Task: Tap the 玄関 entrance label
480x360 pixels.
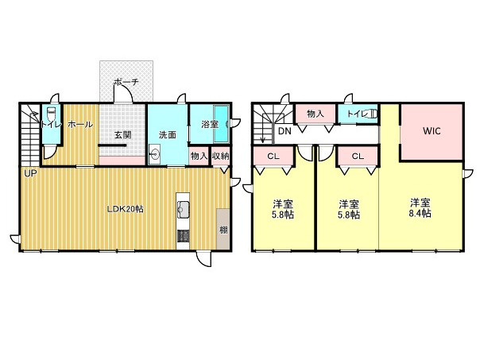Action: click(122, 135)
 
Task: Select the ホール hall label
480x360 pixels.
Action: click(79, 124)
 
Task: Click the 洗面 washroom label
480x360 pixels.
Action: click(167, 134)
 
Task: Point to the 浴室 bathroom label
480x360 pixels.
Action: click(209, 124)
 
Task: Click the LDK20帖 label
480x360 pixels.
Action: click(126, 209)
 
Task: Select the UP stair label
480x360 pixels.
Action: click(30, 173)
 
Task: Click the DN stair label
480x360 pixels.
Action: click(285, 132)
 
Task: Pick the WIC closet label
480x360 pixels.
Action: click(432, 131)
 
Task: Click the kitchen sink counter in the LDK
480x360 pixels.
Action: click(183, 211)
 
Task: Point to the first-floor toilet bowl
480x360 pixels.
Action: click(51, 113)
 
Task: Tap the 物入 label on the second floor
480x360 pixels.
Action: click(315, 114)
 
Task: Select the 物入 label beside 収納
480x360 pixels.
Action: click(199, 157)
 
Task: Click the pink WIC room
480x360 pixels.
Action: click(432, 143)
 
